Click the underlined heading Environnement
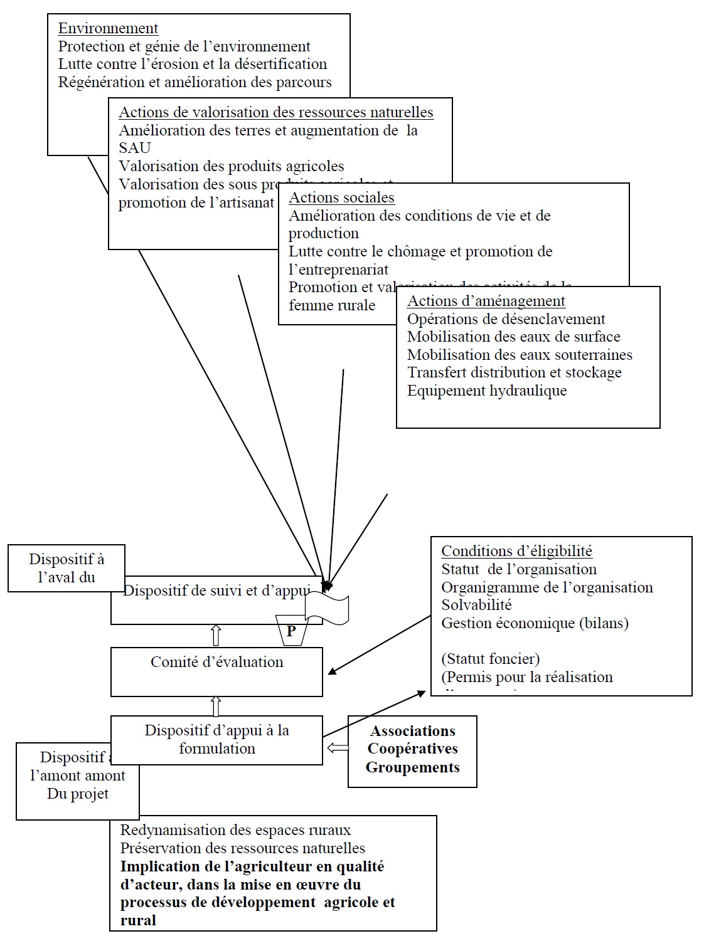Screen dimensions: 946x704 click(x=108, y=28)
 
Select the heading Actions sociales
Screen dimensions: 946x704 click(x=341, y=197)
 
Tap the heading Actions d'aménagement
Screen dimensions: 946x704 click(x=486, y=301)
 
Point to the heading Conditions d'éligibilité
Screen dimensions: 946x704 click(x=516, y=551)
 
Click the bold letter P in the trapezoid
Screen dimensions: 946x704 click(x=291, y=631)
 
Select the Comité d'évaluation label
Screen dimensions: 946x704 click(x=216, y=662)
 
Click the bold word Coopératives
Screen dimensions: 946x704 click(x=412, y=749)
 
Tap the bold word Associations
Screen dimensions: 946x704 click(x=412, y=731)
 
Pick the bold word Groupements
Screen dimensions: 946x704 click(x=412, y=767)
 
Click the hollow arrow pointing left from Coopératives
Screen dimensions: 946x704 click(x=338, y=747)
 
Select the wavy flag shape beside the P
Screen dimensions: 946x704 click(x=327, y=608)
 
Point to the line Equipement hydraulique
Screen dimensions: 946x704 click(x=487, y=391)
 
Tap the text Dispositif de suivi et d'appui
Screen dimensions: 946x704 click(x=216, y=591)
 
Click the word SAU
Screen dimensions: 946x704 click(x=134, y=148)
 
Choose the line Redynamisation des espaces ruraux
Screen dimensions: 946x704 click(x=235, y=830)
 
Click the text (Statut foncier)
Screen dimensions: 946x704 click(x=490, y=659)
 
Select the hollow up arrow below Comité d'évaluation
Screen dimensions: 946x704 click(x=216, y=706)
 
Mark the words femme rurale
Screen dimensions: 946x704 click(x=332, y=305)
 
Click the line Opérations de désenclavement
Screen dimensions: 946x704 click(x=506, y=319)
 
